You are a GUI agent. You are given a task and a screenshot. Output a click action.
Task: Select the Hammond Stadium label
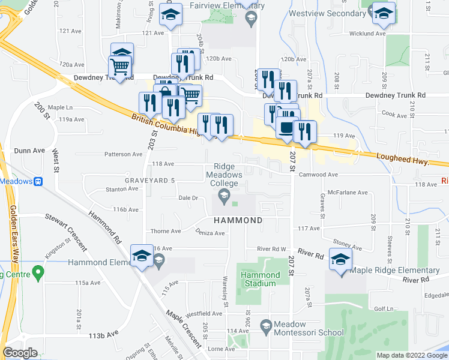tap(261, 279)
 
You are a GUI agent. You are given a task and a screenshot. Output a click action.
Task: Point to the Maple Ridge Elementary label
tap(394, 270)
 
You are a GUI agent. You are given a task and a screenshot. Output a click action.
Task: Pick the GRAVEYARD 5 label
tap(151, 181)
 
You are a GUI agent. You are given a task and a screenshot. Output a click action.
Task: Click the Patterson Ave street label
tap(123, 154)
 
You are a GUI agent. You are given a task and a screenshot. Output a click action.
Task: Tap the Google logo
tap(20, 353)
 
